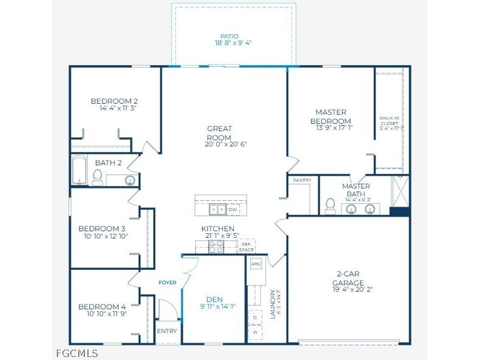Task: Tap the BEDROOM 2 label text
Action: point(114,101)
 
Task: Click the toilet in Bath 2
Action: point(97,177)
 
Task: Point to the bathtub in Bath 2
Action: point(78,171)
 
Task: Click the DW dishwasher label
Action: point(233,209)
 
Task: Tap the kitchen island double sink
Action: point(216,209)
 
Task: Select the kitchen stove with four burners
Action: point(216,246)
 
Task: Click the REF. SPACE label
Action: point(246,247)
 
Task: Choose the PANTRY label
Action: point(302,181)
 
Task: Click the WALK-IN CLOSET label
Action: point(389,123)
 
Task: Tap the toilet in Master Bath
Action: point(330,206)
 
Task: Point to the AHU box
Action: point(256,264)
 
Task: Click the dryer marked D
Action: point(255,318)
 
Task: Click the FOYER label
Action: point(167,283)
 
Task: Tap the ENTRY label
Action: point(167,331)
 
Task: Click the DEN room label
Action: point(214,299)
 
